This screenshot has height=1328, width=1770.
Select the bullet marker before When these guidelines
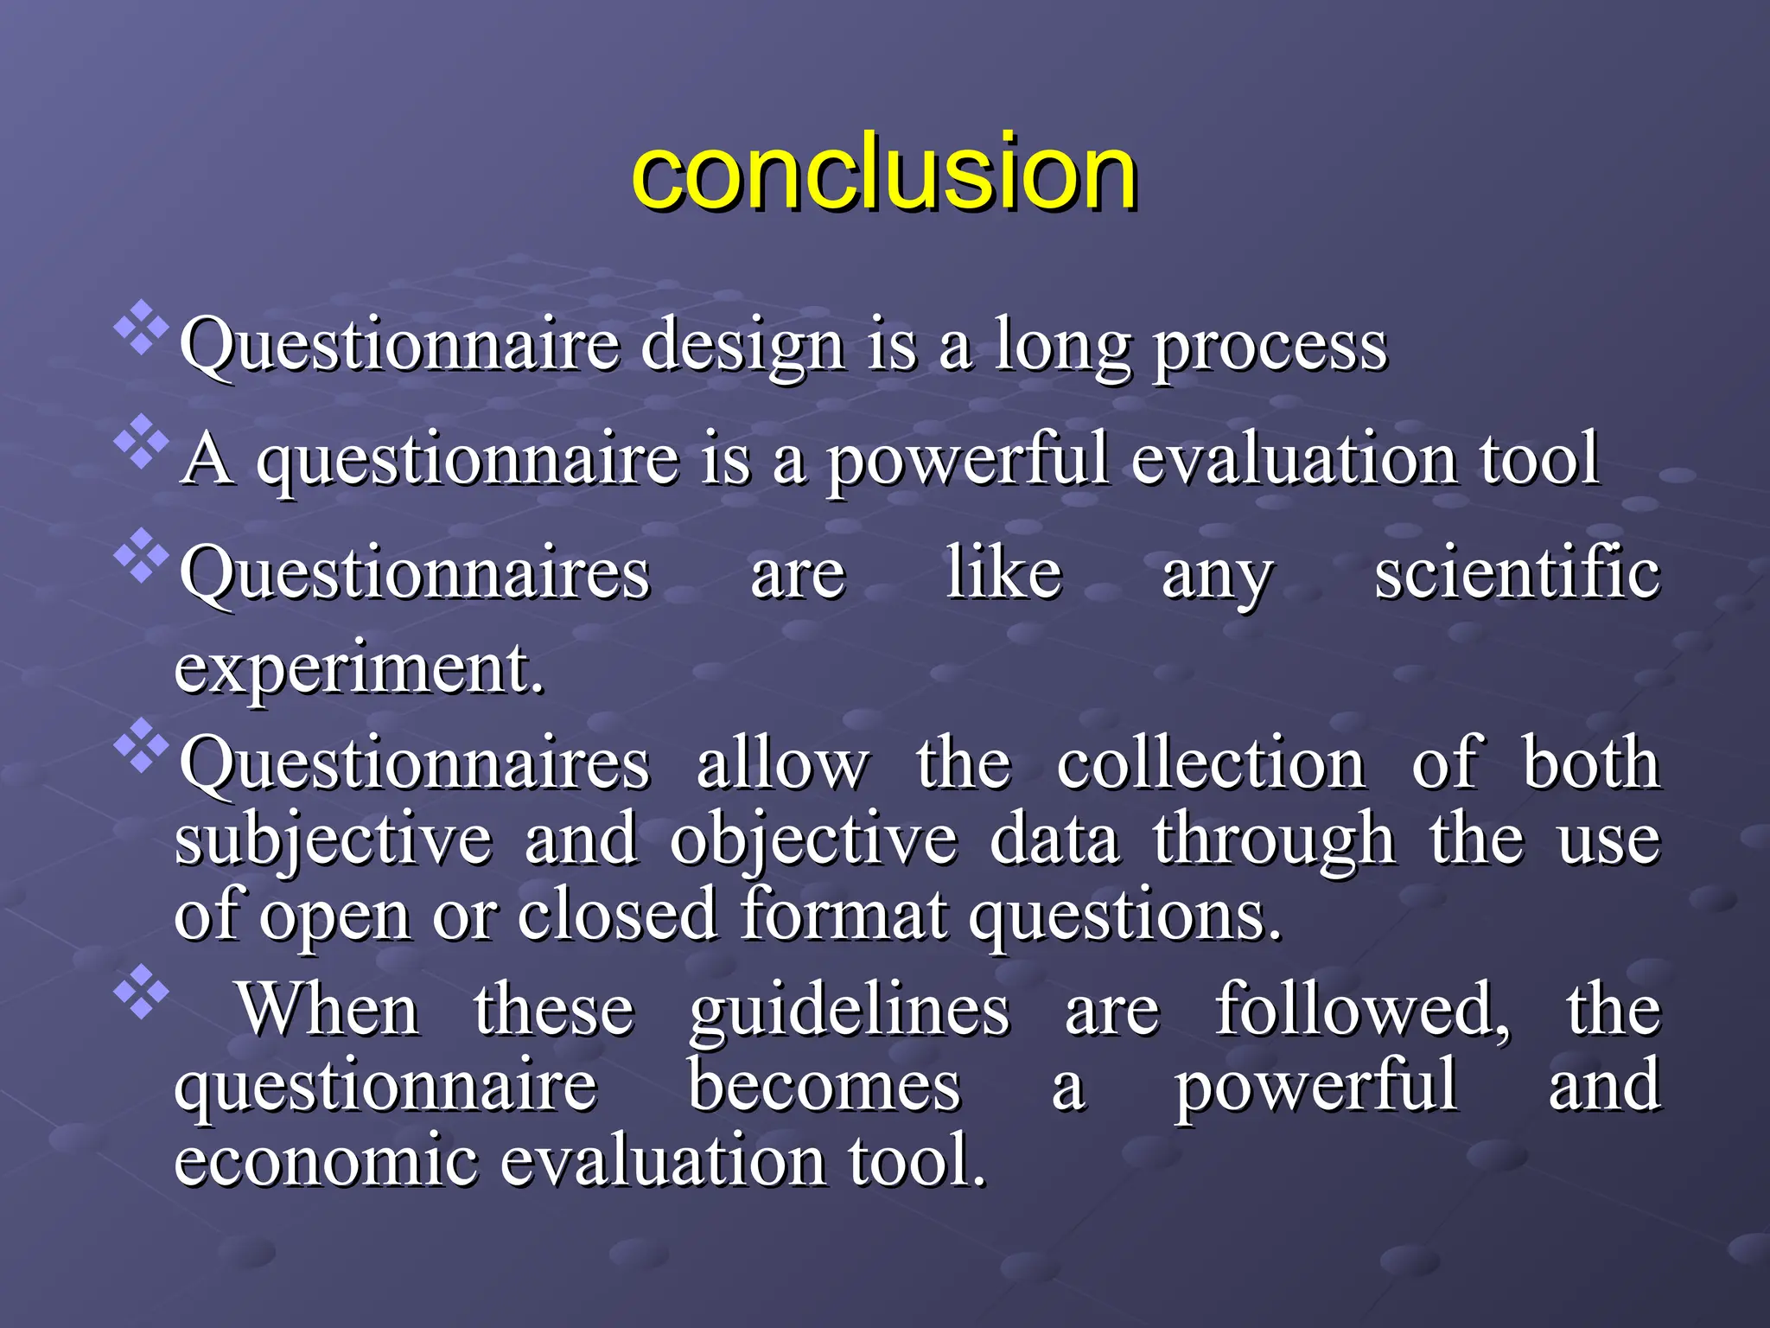click(x=141, y=990)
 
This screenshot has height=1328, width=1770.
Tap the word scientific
click(x=1517, y=574)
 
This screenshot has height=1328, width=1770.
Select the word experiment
click(x=359, y=669)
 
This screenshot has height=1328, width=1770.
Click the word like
click(x=1003, y=574)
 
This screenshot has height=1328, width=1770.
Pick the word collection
click(x=1210, y=764)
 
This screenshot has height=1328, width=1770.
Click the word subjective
click(x=334, y=840)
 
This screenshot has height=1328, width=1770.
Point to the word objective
click(x=813, y=840)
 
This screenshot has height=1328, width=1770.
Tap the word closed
click(x=617, y=915)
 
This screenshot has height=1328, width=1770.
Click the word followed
click(x=1362, y=1010)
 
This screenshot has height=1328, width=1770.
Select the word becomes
click(x=824, y=1086)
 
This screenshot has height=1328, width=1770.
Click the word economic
click(x=326, y=1160)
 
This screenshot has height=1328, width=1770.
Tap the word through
click(x=1274, y=840)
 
